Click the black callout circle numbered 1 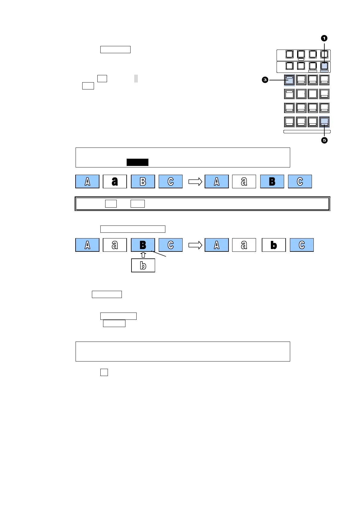[324, 38]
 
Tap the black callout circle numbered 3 [265, 80]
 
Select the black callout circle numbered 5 [324, 140]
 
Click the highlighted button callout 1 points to [324, 66]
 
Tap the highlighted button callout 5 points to [324, 122]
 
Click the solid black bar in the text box [138, 162]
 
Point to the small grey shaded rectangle [136, 79]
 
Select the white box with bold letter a [115, 181]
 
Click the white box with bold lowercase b [274, 245]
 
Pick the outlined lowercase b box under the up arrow [143, 265]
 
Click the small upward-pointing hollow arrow [143, 255]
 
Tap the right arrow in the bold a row [195, 181]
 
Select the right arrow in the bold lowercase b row [195, 245]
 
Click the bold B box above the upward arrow [143, 245]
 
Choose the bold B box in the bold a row [272, 181]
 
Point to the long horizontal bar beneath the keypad [307, 132]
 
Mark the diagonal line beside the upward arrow [159, 254]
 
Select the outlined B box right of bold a [143, 181]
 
